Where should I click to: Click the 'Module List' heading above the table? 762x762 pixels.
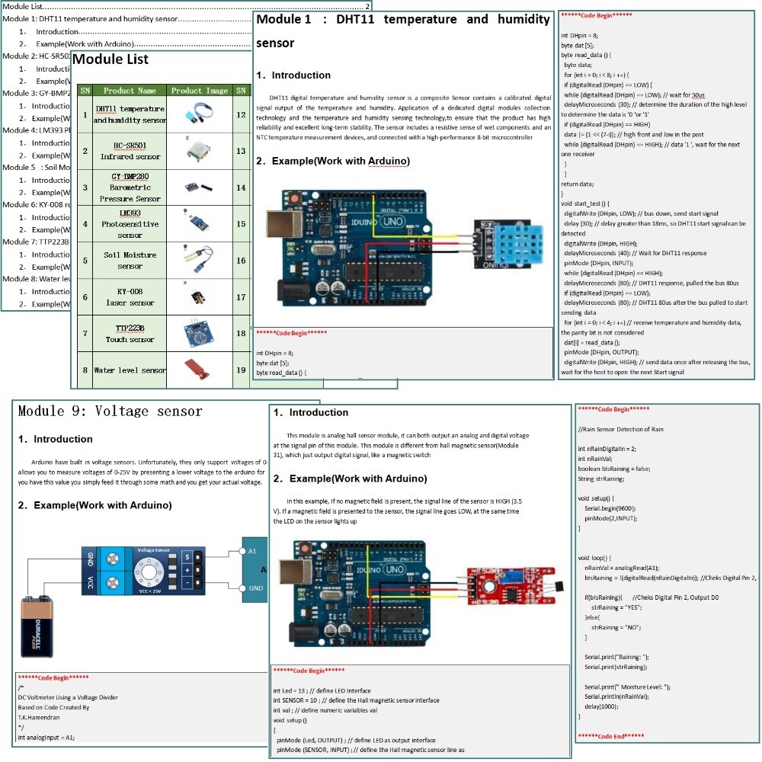[x=110, y=59]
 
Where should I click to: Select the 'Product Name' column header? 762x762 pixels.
[x=130, y=91]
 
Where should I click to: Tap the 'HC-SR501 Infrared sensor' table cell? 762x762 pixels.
[x=130, y=151]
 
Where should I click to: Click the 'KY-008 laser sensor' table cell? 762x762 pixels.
[x=130, y=297]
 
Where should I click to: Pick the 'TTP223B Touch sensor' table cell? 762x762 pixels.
[x=130, y=334]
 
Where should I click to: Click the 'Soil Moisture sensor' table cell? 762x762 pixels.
[x=130, y=261]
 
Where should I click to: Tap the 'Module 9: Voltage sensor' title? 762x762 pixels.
[x=110, y=411]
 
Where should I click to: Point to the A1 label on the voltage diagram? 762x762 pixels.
[x=253, y=549]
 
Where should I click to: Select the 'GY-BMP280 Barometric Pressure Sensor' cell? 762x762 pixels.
[x=130, y=187]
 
